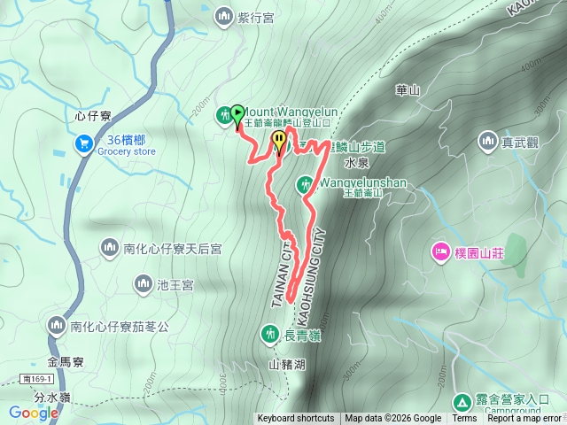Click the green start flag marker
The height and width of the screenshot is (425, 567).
(237, 113)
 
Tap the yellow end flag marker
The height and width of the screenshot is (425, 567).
(280, 140)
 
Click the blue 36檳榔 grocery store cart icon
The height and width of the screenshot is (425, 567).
(85, 143)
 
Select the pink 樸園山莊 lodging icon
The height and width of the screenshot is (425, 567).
(440, 252)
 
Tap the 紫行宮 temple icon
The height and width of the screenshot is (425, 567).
(223, 15)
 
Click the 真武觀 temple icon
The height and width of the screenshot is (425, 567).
(487, 140)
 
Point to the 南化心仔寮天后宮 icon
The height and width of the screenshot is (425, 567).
(110, 249)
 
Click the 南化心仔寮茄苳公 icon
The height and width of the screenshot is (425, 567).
(57, 327)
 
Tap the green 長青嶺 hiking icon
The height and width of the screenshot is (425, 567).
(269, 334)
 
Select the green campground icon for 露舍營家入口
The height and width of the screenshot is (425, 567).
(463, 400)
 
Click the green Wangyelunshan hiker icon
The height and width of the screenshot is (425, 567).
(305, 184)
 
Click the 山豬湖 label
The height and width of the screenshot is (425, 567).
(286, 364)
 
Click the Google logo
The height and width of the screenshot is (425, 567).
(33, 413)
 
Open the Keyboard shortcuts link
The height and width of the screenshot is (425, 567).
(296, 419)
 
